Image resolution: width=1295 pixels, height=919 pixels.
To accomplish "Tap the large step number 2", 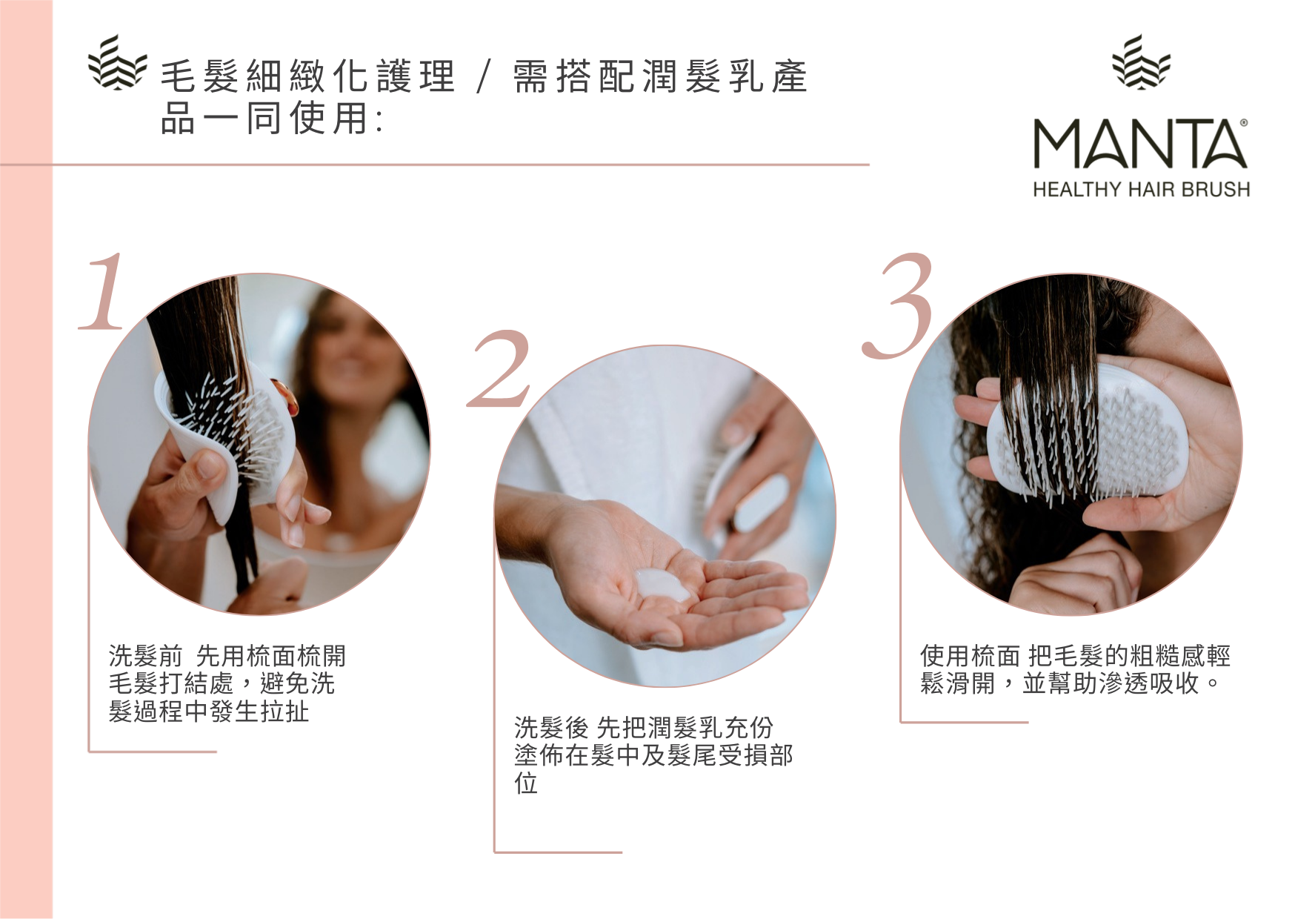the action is [499, 369].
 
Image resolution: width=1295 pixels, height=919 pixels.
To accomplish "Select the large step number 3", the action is [898, 305].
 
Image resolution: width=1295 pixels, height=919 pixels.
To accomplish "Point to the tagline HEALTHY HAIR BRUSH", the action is [1141, 190].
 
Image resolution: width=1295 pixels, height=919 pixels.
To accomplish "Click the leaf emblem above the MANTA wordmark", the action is [1141, 62].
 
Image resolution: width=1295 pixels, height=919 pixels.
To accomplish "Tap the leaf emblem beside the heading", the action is [117, 62].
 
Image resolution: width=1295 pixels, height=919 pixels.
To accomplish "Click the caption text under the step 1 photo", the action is [227, 683].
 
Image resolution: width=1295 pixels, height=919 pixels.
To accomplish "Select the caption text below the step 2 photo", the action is [653, 754].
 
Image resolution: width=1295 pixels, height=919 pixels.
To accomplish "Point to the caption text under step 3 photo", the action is [1075, 669].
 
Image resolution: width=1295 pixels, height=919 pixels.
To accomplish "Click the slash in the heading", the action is [484, 77].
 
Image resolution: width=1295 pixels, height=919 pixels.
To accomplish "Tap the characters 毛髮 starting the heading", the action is [199, 76].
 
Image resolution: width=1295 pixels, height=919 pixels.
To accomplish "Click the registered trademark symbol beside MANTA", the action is [1243, 123].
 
